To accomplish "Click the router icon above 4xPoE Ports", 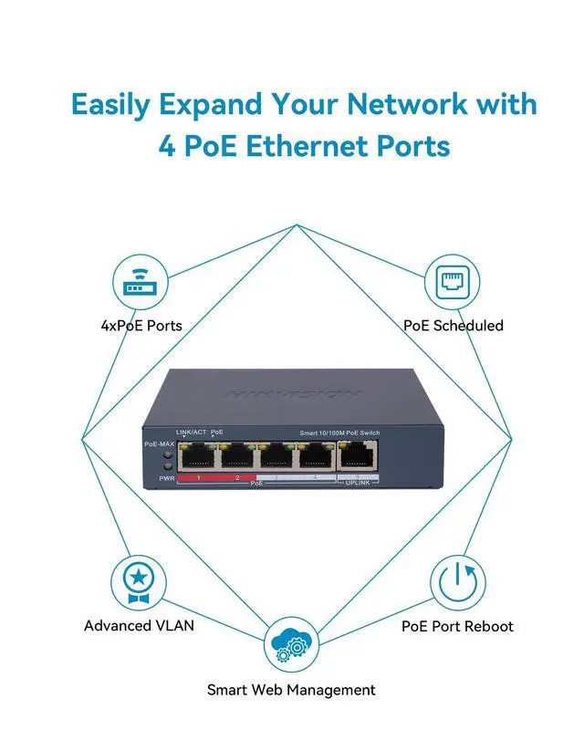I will click(x=141, y=282).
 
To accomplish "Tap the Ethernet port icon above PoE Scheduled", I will click(x=453, y=282).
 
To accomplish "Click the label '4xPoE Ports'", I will click(x=141, y=325).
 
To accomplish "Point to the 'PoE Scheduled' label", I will click(x=454, y=325).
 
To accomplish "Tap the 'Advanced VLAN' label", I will click(x=139, y=626).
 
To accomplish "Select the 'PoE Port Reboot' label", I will click(x=457, y=626).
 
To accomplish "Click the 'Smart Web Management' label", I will click(x=291, y=690).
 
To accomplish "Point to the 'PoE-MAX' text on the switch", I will click(x=159, y=443).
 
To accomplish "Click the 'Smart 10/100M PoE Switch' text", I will click(x=339, y=432).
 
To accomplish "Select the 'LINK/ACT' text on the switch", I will click(x=191, y=431).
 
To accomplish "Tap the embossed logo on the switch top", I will click(x=292, y=393).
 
